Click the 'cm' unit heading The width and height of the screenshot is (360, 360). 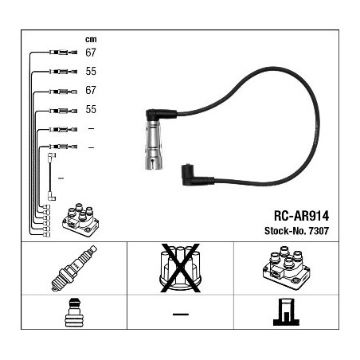(91, 40)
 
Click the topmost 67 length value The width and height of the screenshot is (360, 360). (91, 53)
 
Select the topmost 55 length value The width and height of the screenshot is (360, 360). (91, 71)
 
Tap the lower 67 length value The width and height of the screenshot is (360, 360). (91, 90)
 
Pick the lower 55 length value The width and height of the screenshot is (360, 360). (91, 109)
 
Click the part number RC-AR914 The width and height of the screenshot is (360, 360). (301, 216)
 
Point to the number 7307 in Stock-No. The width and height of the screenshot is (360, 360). (319, 231)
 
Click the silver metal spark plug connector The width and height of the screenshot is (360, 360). (153, 145)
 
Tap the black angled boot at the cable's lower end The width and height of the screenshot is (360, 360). (198, 175)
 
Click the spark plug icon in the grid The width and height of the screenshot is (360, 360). (74, 268)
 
